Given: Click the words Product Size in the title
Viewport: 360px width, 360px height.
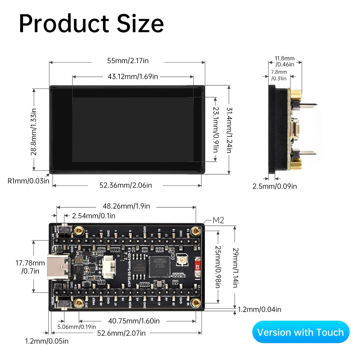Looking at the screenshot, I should (91, 24).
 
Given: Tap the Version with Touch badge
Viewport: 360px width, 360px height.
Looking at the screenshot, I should (300, 332).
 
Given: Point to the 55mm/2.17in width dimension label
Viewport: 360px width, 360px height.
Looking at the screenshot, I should (128, 60).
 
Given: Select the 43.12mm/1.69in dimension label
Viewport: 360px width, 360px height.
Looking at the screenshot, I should (133, 76).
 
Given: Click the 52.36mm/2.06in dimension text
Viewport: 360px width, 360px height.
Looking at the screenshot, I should (126, 185).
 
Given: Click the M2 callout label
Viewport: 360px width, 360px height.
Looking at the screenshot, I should (219, 220).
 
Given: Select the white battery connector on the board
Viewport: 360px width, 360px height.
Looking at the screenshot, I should (108, 267).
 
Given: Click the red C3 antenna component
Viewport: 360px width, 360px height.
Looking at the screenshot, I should (197, 267).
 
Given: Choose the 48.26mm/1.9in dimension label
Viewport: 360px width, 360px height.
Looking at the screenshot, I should (126, 206).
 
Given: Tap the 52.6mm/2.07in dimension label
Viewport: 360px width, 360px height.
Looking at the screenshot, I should (121, 333).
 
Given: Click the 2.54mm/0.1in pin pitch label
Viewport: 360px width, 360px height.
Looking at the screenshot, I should (94, 216).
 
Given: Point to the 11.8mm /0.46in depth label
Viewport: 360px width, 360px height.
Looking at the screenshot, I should (284, 61).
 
